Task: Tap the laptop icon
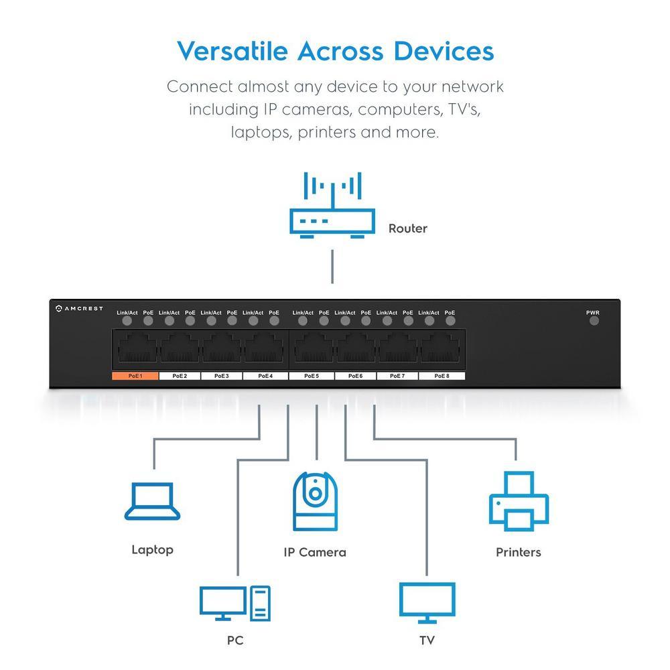153,503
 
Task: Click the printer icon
519,502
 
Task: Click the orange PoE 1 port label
135,376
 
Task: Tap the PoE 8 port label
442,376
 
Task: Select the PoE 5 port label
312,376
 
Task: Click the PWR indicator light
594,320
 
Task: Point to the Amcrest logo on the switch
79,308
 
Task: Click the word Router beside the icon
407,228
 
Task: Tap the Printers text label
518,553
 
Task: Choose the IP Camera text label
314,553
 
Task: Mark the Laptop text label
152,550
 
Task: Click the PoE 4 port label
266,376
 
